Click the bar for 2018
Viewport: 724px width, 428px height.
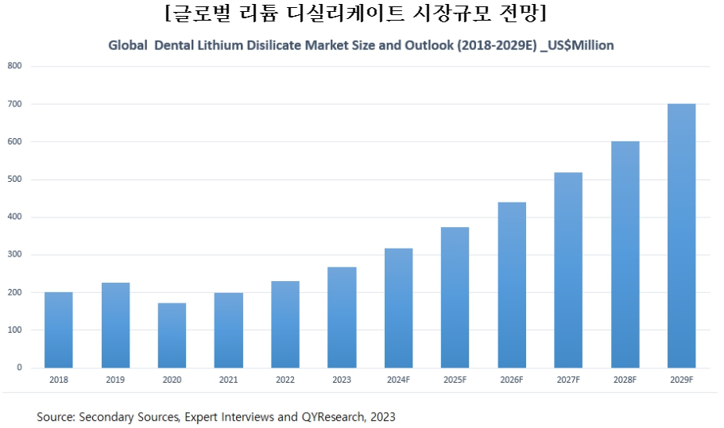pyautogui.click(x=58, y=330)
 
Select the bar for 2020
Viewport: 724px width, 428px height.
pyautogui.click(x=172, y=335)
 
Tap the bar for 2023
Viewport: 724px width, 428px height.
pyautogui.click(x=342, y=317)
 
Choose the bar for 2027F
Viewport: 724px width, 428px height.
pyautogui.click(x=568, y=270)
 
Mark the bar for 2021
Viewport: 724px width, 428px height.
pyautogui.click(x=229, y=330)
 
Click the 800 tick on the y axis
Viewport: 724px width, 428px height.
pyautogui.click(x=14, y=66)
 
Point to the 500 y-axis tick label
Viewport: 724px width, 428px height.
pyautogui.click(x=14, y=179)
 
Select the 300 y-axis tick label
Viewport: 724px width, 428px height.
pyautogui.click(x=14, y=255)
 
